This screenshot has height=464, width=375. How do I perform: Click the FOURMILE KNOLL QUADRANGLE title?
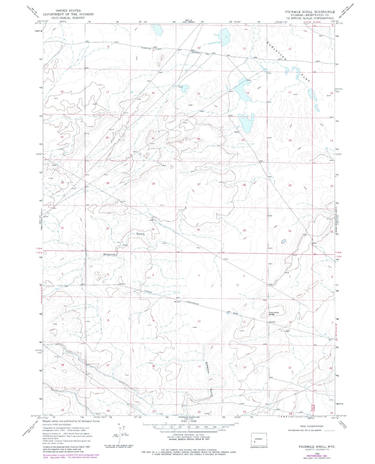(310, 12)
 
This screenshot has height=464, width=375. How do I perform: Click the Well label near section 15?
(181, 87)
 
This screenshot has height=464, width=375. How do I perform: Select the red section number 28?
(153, 184)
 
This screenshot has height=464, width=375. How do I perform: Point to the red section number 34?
(198, 230)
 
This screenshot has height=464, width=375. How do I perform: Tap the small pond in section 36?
(284, 241)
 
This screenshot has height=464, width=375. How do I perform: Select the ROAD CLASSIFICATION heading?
(311, 426)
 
